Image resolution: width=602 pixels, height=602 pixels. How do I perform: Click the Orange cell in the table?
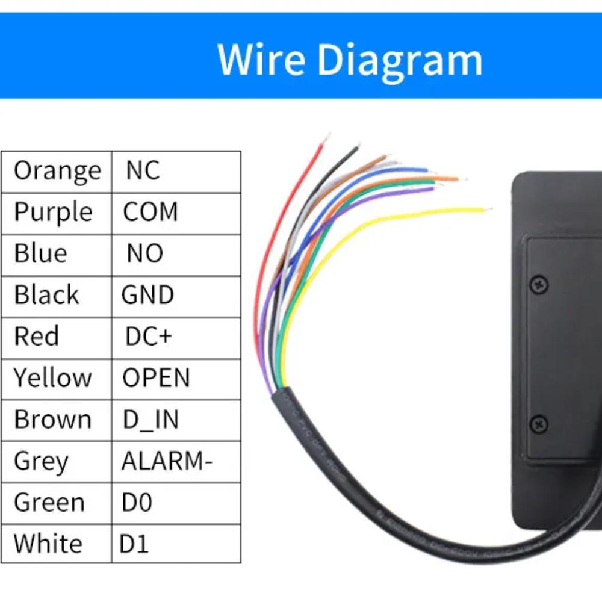tap(57, 171)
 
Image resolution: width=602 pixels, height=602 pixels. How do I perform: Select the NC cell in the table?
tap(143, 171)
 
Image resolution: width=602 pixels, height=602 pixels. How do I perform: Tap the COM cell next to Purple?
tap(150, 212)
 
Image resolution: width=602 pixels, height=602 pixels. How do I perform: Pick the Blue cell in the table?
tap(41, 253)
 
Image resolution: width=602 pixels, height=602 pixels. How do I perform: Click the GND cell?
tap(147, 295)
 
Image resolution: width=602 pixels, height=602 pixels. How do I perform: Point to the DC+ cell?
tap(148, 337)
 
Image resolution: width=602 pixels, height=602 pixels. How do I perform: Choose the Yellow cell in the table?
tap(53, 378)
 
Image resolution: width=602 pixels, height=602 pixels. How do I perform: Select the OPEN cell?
tap(156, 378)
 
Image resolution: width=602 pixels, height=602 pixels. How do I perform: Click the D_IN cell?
tap(150, 420)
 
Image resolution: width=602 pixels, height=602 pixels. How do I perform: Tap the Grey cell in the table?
tap(41, 461)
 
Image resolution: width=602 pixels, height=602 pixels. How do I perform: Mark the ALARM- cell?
tap(167, 461)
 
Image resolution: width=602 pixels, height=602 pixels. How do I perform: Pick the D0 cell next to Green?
tap(137, 503)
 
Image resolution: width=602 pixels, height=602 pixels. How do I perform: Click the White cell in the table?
tap(48, 544)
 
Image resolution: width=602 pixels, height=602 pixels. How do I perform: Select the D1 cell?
tap(134, 544)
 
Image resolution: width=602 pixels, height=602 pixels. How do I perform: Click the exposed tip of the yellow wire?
tap(488, 209)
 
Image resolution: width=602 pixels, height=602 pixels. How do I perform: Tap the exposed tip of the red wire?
tap(327, 138)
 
